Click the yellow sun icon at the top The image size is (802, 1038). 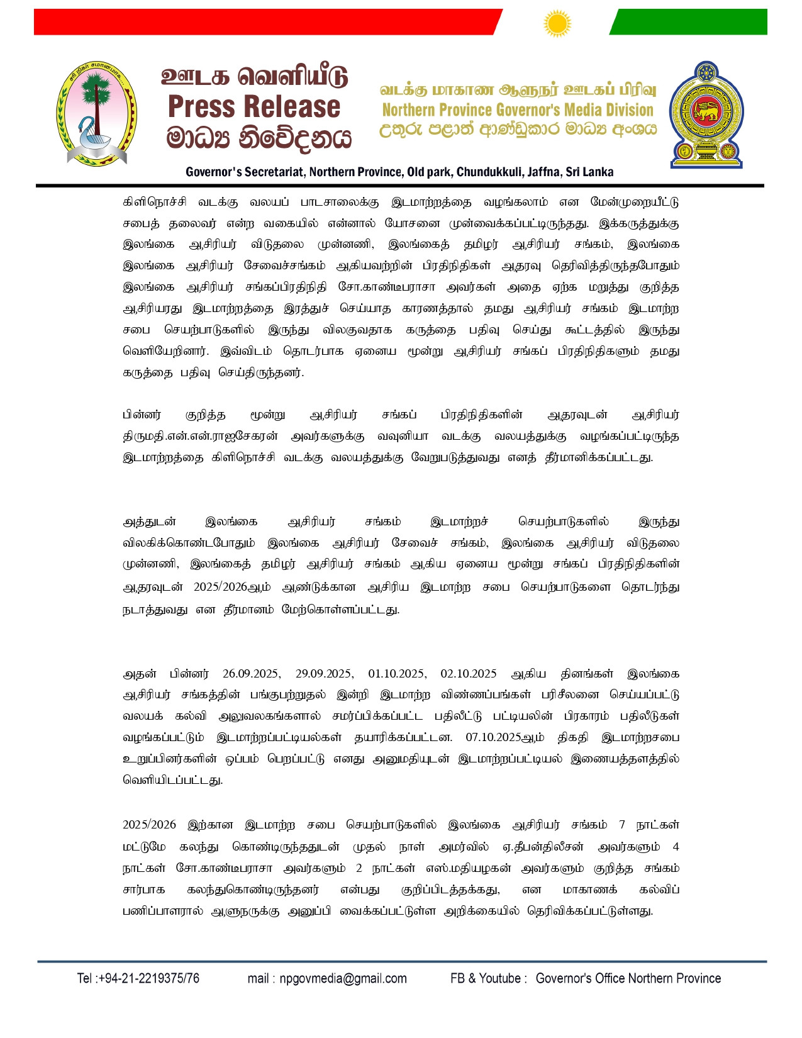coord(557,24)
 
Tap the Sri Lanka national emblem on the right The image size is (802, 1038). coord(706,114)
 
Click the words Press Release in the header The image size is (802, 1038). coord(254,106)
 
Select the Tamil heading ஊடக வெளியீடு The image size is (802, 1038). coord(254,77)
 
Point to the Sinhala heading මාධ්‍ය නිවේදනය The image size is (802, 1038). coord(258,138)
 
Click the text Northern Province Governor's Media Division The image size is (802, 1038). coord(518,110)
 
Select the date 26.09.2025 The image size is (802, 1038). coord(251,674)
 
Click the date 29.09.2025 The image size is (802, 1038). coord(324,674)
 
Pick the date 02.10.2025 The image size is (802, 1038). coord(469,674)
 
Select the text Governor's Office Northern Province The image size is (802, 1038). coord(628,978)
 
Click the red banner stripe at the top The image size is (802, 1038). coord(264,22)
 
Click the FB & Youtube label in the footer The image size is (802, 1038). coord(485,978)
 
